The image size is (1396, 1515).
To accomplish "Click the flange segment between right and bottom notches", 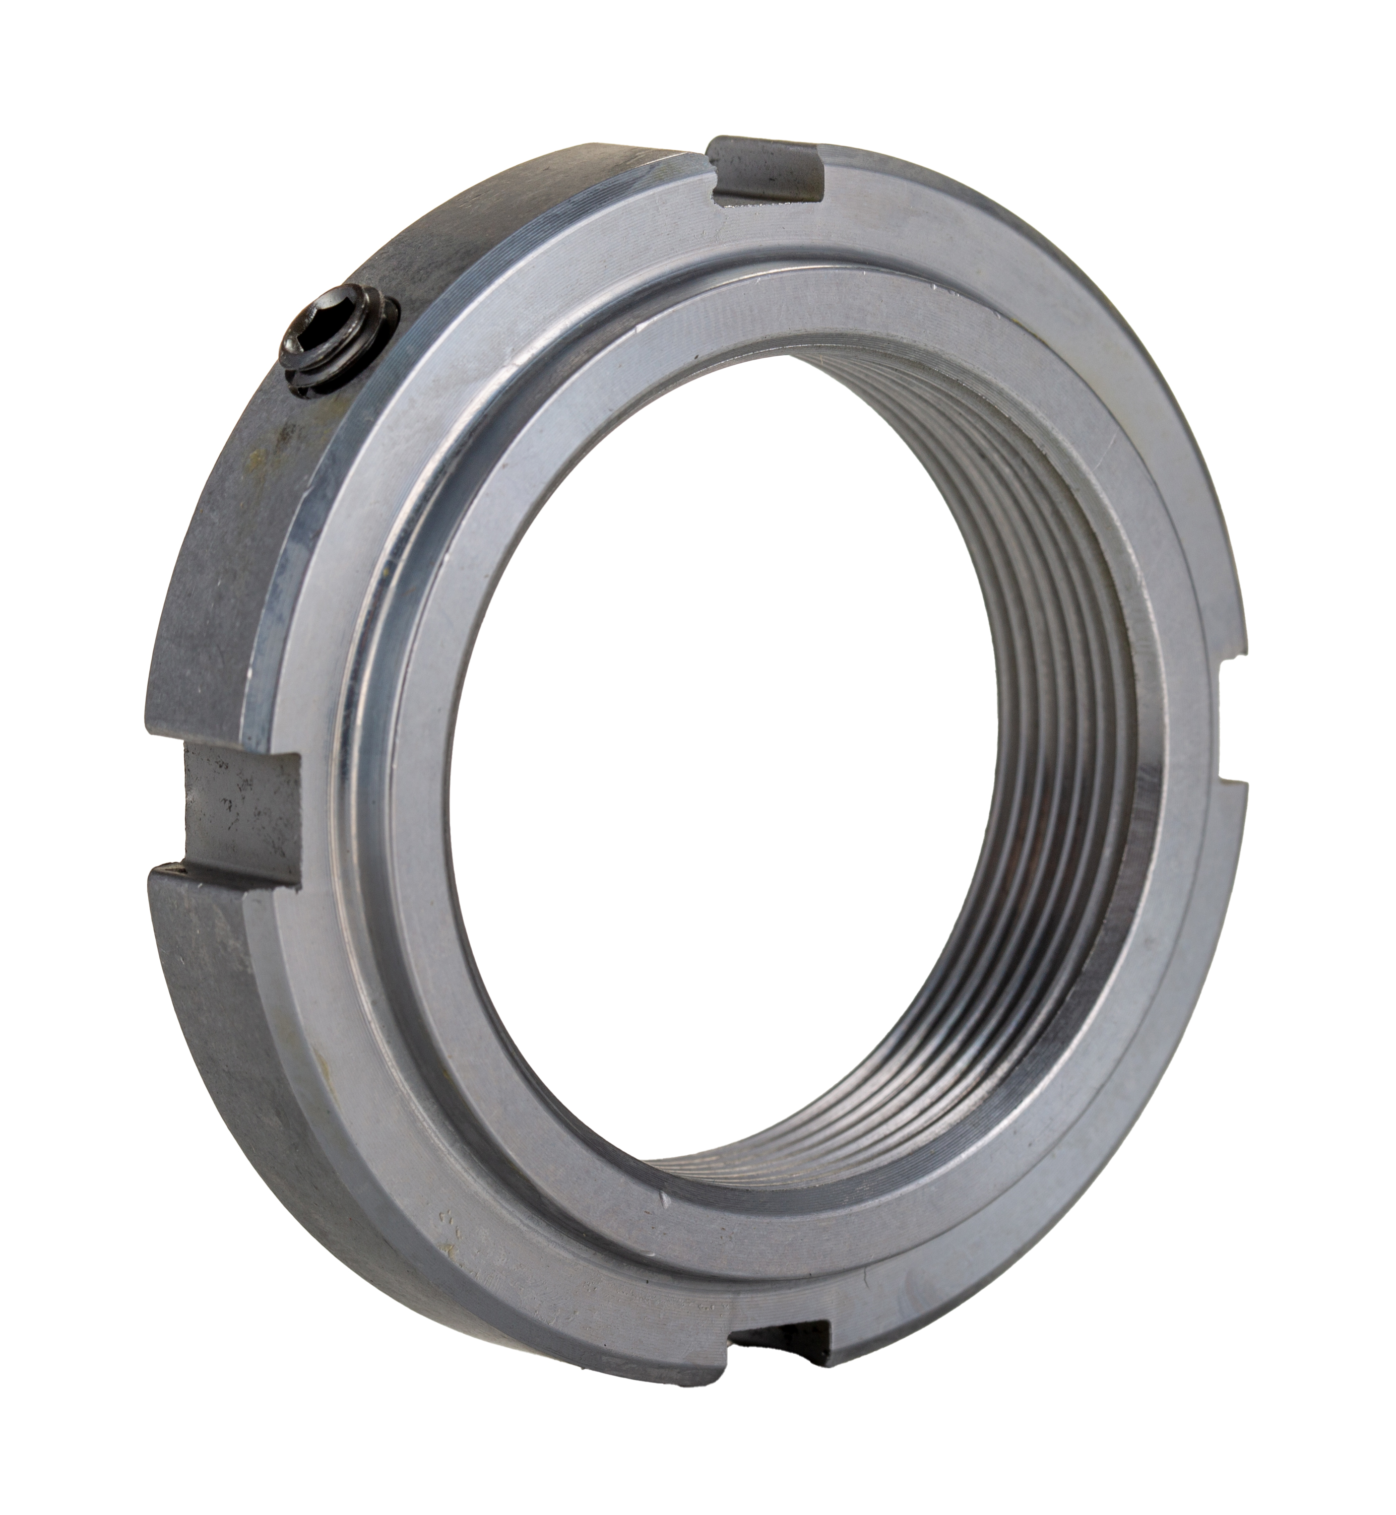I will click(x=1095, y=1133).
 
